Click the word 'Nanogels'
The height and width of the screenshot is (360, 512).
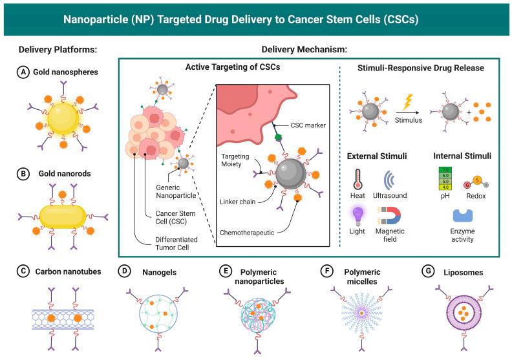tap(155, 271)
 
